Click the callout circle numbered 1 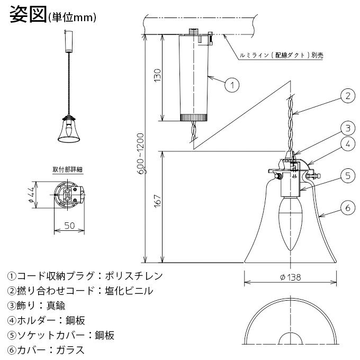pos(232,85)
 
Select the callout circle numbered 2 pos(348,96)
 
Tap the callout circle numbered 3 pos(348,128)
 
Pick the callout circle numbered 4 pos(348,144)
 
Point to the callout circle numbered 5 pos(348,176)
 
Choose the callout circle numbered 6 pos(348,208)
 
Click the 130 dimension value pos(158,76)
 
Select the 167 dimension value pos(158,201)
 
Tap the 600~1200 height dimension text pos(141,154)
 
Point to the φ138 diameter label pos(291,277)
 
